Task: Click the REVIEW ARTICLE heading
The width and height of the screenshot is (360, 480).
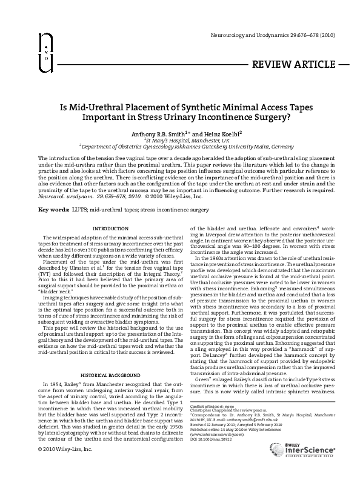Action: click(x=293, y=64)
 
